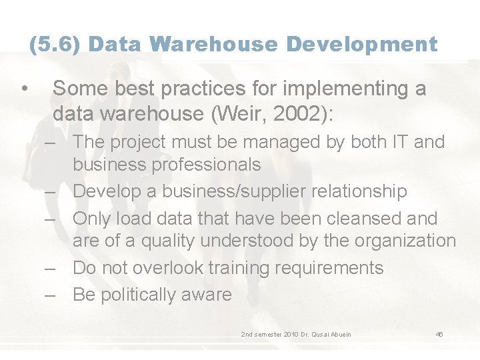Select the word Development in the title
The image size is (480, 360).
pos(362,45)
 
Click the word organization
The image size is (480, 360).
pos(402,241)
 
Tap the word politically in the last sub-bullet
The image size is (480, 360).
pos(138,295)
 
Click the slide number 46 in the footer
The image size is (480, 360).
pos(439,333)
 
